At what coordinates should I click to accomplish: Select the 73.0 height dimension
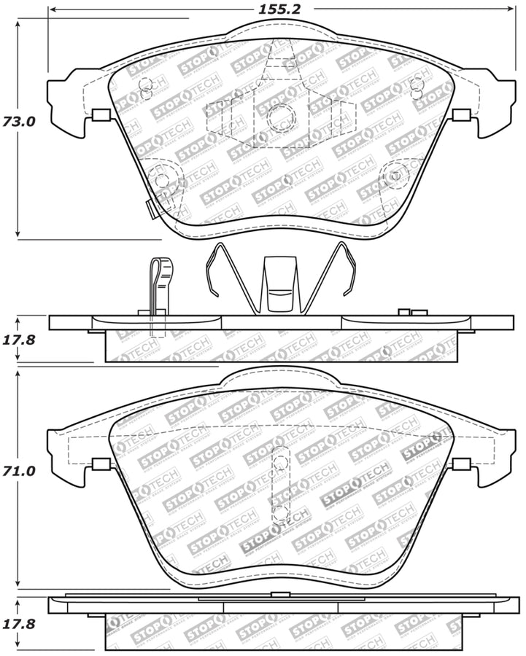[19, 122]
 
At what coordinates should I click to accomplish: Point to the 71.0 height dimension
[19, 472]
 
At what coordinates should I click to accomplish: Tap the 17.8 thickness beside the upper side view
[19, 339]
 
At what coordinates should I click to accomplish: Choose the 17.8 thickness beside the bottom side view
[19, 624]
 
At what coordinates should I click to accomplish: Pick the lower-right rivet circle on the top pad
[397, 175]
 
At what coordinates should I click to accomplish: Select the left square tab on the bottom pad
[101, 464]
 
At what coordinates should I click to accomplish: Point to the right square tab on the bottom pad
[460, 464]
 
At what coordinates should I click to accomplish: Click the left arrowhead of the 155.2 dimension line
[52, 9]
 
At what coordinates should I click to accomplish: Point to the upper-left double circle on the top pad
[144, 87]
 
